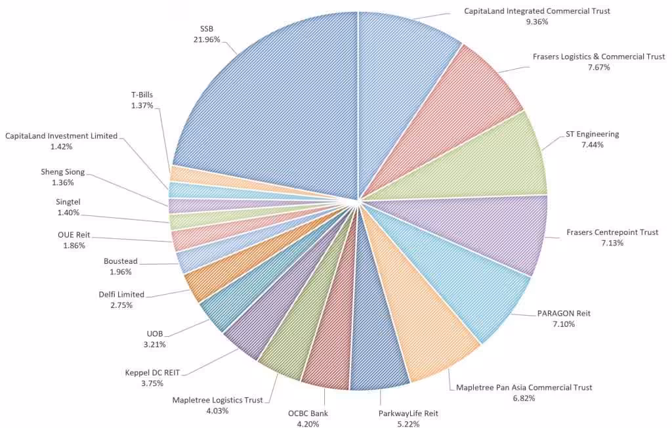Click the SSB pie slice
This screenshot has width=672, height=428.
[276, 98]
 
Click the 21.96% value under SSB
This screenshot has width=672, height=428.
[207, 39]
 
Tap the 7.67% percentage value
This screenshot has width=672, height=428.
[598, 68]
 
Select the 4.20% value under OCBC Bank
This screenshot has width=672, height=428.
[308, 424]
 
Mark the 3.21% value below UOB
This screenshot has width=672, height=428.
[155, 344]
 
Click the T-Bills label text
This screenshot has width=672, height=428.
[142, 95]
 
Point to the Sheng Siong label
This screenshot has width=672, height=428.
[62, 172]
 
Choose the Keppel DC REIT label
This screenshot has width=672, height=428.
[152, 373]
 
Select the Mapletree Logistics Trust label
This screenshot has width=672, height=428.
[217, 400]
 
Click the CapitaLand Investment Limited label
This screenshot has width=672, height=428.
[61, 136]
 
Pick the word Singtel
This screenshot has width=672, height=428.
[68, 202]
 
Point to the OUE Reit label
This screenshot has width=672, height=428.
[74, 234]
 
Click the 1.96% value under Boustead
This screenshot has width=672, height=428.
[121, 272]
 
